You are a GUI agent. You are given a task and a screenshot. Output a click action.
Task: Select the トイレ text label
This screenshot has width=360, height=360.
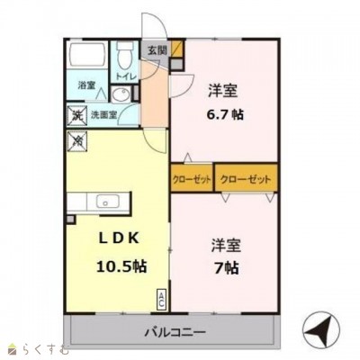(x=125, y=77)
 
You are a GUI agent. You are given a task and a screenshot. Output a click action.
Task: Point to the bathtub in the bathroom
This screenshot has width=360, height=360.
(x=83, y=60)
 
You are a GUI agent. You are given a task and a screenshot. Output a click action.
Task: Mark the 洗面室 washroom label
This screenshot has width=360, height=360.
(x=101, y=115)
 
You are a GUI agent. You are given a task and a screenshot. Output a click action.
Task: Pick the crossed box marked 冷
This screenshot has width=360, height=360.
(x=76, y=140)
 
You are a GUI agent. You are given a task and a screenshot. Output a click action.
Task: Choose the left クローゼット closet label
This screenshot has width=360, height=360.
(x=193, y=179)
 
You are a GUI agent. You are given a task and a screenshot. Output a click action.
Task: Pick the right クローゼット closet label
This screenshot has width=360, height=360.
(x=246, y=179)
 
